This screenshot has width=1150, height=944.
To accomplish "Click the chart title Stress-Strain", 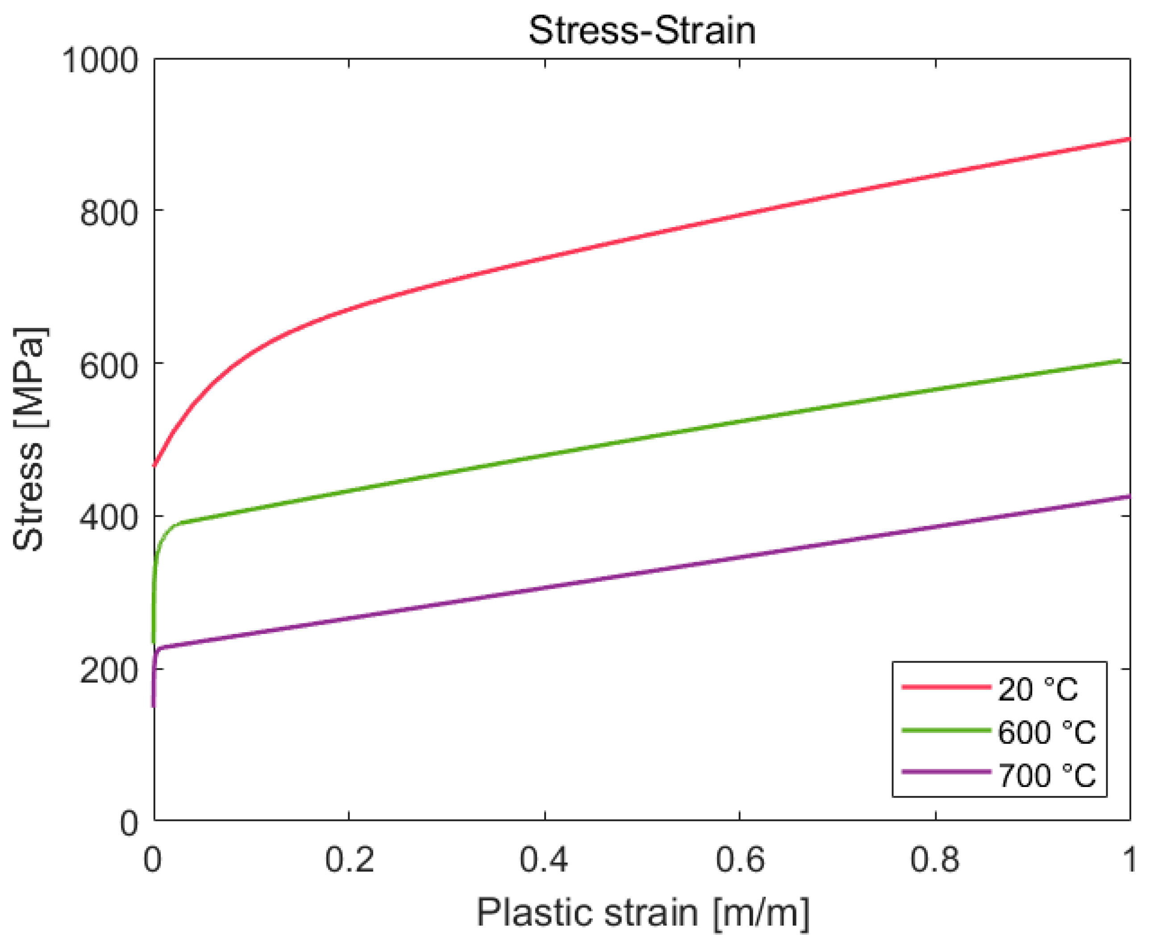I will click(642, 30).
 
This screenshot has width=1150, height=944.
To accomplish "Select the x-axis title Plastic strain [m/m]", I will click(643, 912).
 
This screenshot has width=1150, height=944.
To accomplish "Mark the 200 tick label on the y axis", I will click(109, 671).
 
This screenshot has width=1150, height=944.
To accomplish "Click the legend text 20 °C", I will click(1037, 690).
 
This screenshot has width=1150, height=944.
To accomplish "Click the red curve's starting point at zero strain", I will click(154, 465).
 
